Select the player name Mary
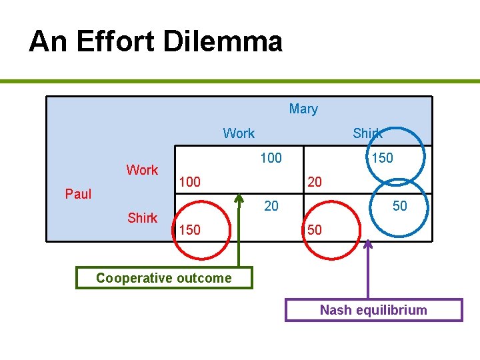coord(303,109)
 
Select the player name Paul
coord(78,194)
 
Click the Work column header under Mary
coord(239,133)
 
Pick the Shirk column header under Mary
coord(367,133)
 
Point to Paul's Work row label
coord(142,170)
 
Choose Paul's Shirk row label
coord(142,218)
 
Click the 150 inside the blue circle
coord(382,158)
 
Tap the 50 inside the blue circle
coord(399,206)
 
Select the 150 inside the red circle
coord(189,230)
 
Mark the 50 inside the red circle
coord(314,230)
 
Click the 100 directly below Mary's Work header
coord(271,158)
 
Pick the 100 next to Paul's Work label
coord(189,182)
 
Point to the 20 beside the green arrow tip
coord(271,206)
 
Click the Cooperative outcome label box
coord(164,278)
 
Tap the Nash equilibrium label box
coord(373,310)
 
